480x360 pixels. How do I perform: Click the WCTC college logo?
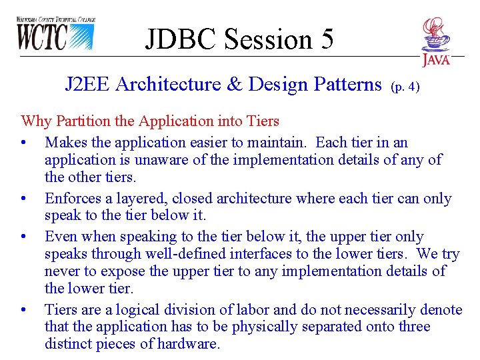56,34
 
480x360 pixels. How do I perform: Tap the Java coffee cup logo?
435,41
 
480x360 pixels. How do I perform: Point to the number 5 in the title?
326,39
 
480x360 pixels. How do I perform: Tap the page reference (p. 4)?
405,87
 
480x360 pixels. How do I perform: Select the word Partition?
79,121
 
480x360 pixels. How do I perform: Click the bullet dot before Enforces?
24,199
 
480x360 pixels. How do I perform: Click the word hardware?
187,344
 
